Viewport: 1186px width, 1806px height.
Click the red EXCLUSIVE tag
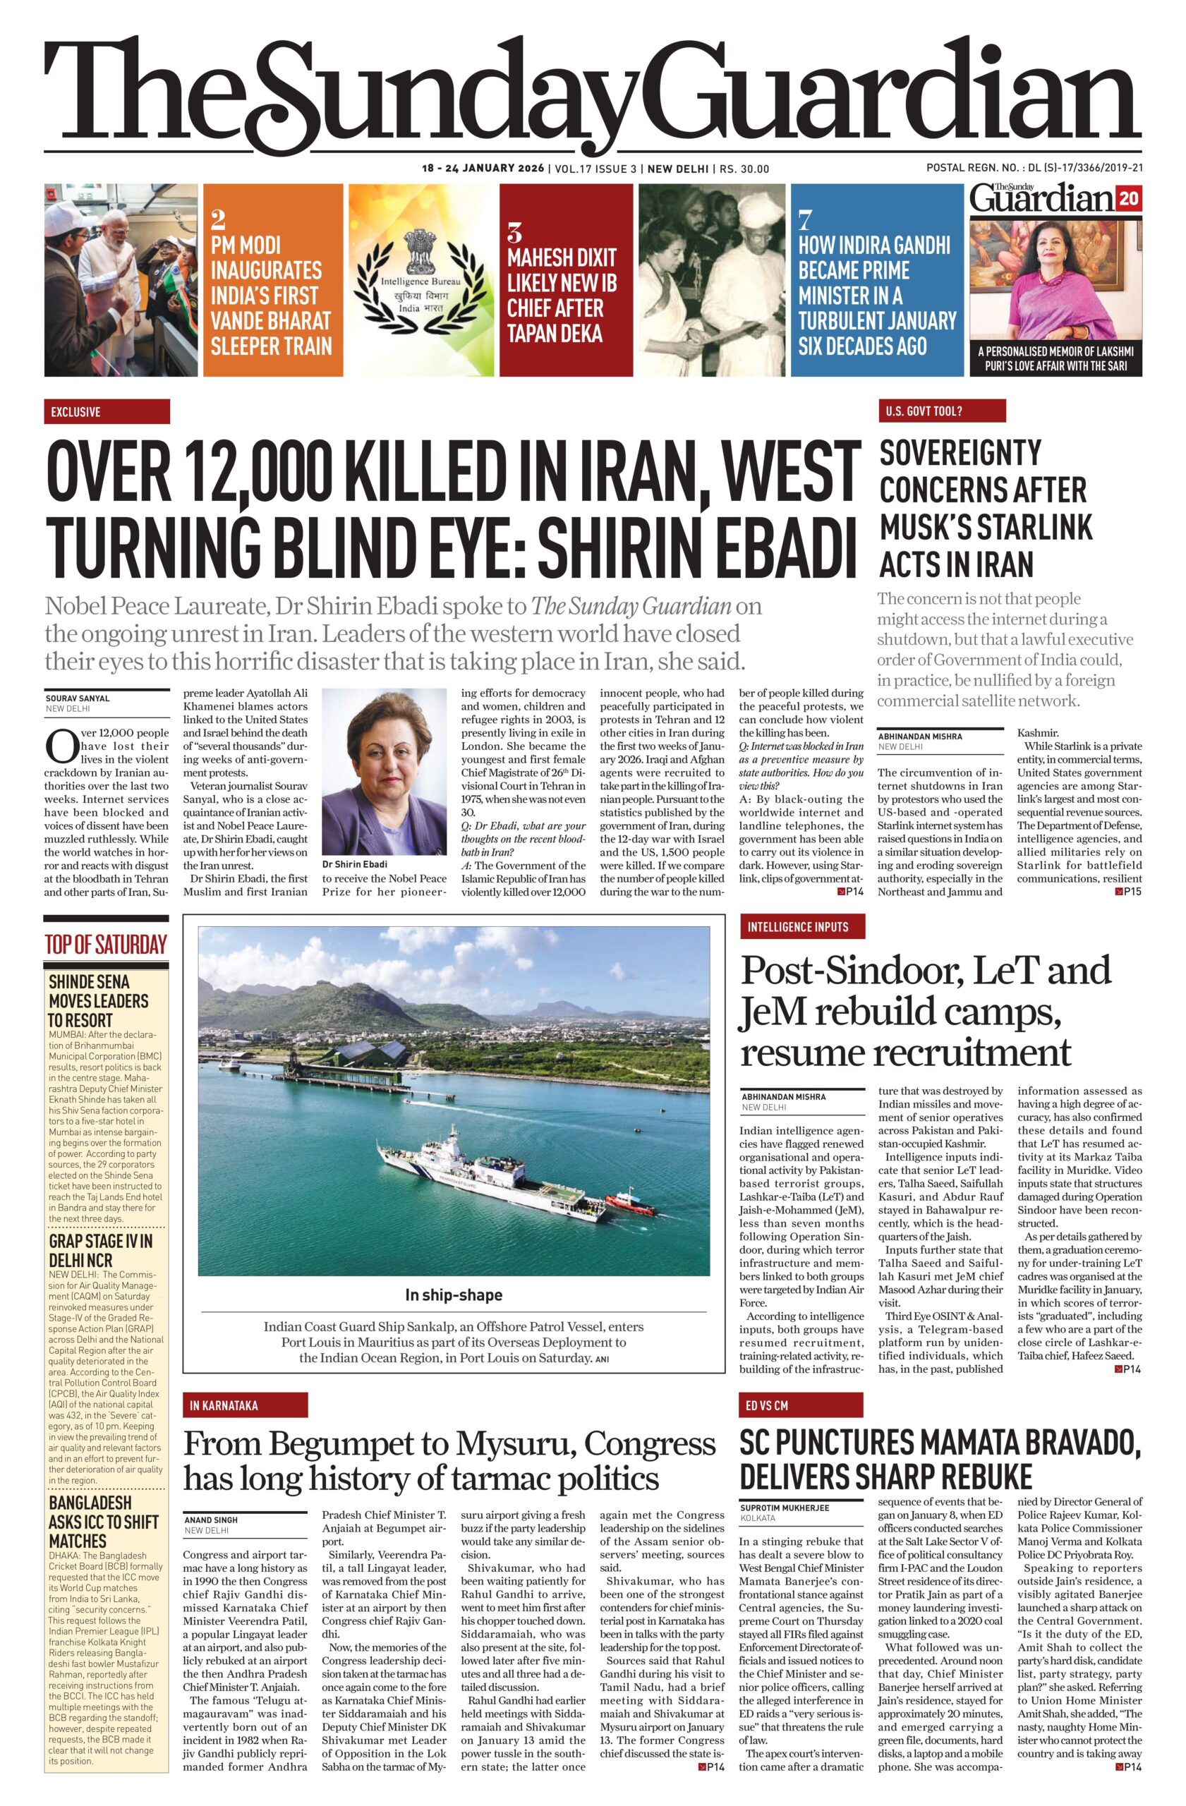(x=107, y=412)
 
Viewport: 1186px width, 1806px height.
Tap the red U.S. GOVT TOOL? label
(x=941, y=411)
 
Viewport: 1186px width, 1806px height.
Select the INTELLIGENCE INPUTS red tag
(x=802, y=926)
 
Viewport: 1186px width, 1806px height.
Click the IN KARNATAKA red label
(x=245, y=1405)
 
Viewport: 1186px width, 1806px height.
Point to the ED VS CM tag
(x=802, y=1405)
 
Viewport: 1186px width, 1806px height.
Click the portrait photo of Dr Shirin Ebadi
(x=385, y=771)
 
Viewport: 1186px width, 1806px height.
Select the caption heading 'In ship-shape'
(x=453, y=1295)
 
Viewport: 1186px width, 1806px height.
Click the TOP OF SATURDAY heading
(x=105, y=945)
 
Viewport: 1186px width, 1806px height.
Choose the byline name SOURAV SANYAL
(x=78, y=698)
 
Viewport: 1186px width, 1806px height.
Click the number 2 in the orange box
(x=218, y=220)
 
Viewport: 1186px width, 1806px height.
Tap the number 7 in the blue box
(x=805, y=220)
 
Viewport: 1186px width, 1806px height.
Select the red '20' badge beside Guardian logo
(x=1127, y=200)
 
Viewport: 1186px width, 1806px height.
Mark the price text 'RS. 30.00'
(x=744, y=169)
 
